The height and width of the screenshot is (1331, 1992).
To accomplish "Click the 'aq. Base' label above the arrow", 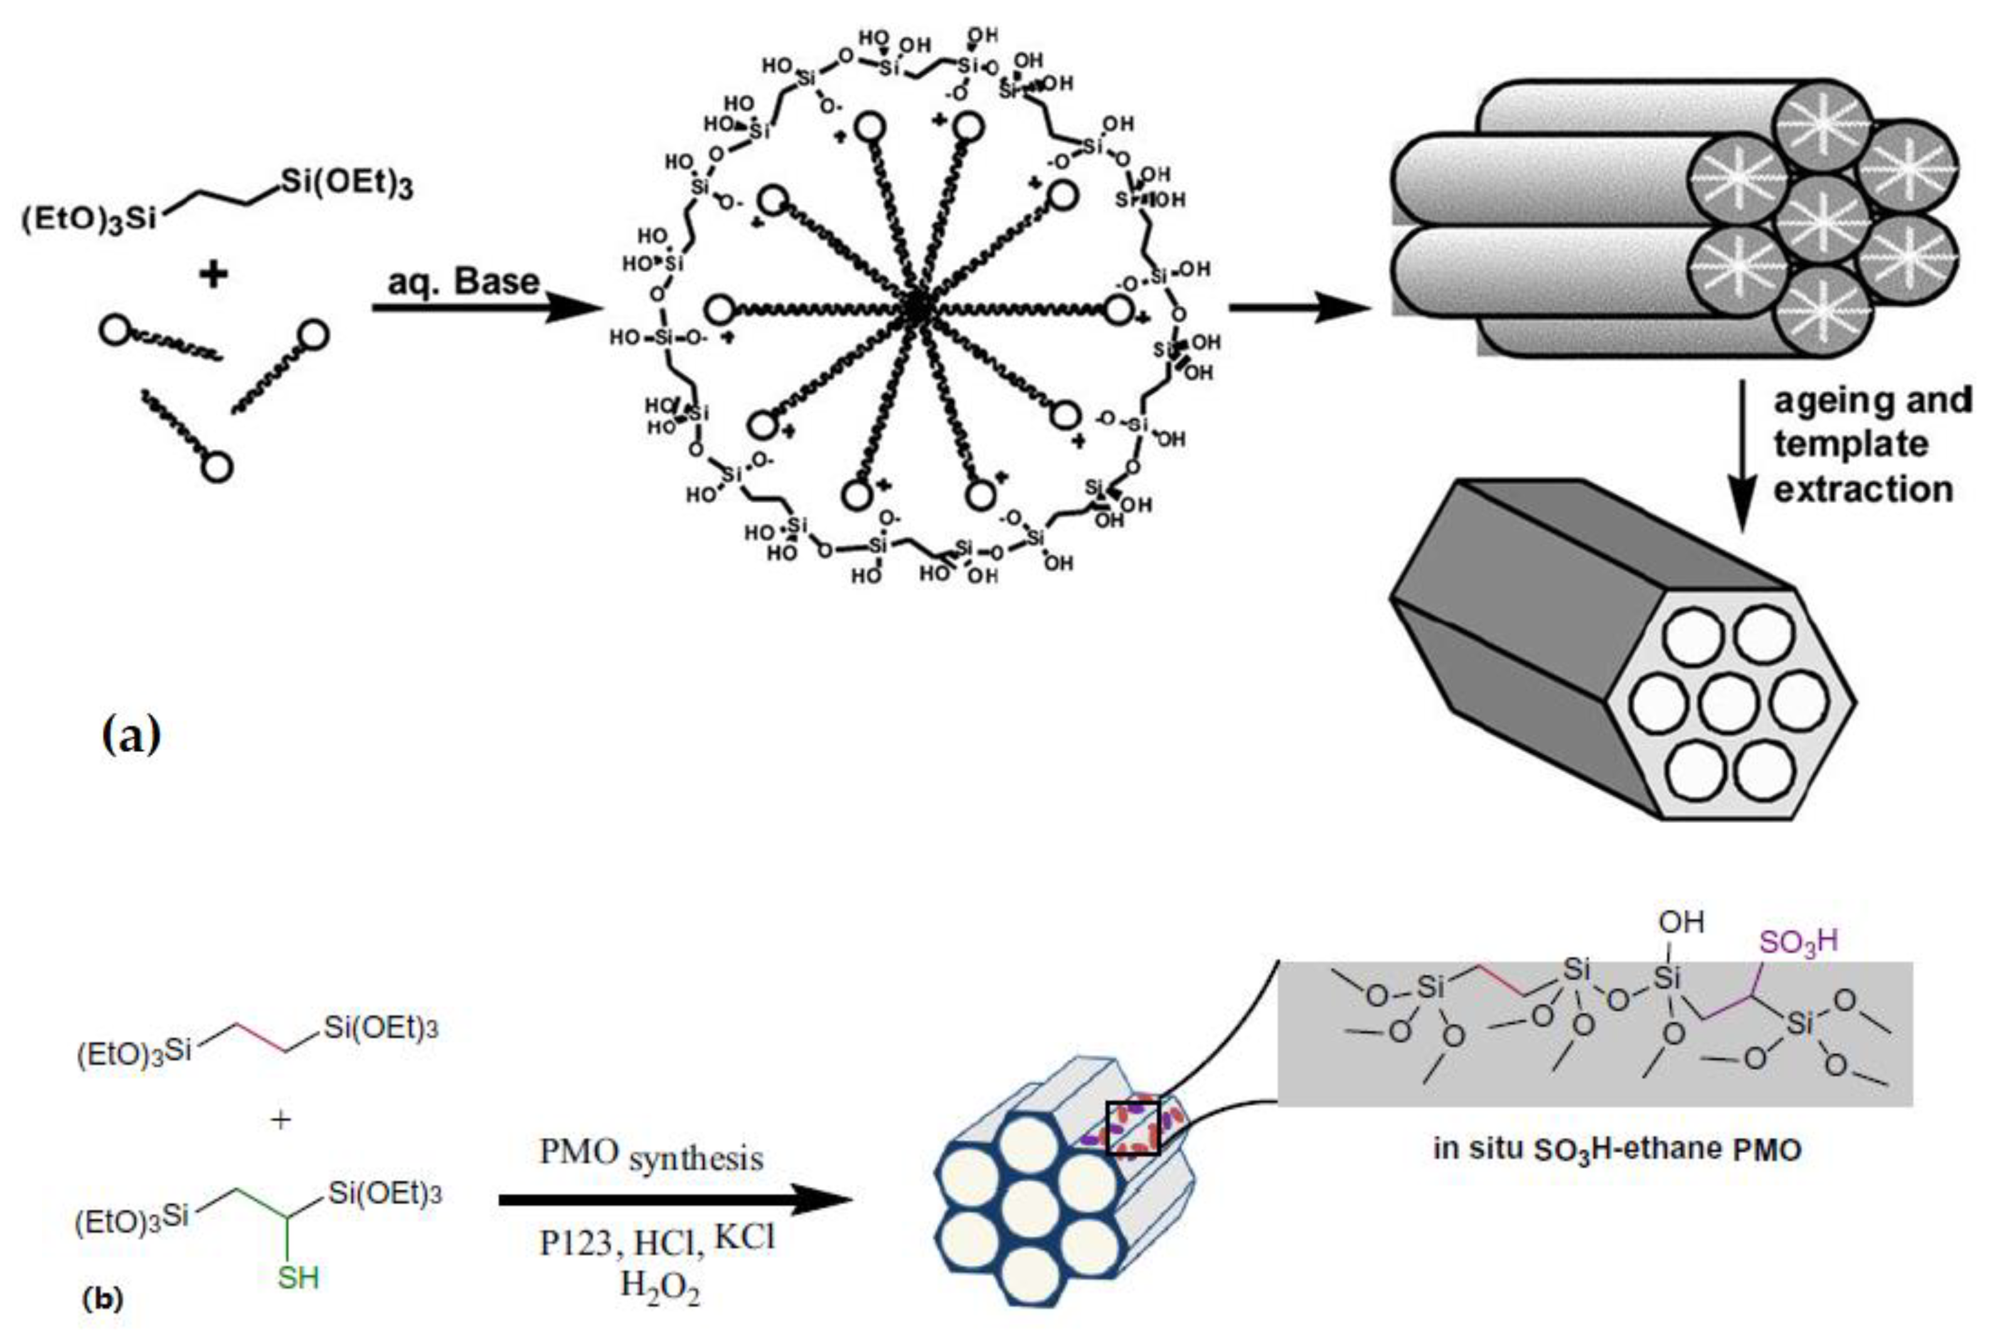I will pos(464,281).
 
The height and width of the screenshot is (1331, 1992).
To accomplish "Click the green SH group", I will pos(298,1278).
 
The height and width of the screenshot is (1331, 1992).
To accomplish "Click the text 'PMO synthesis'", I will pos(651,1156).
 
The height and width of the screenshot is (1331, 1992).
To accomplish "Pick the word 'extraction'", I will pos(1863,490).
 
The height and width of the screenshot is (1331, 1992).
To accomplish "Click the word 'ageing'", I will pos(1833,400).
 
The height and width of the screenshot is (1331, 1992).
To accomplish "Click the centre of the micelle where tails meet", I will pos(915,310).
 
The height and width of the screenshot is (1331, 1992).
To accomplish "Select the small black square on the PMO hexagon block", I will pos(1132,1127).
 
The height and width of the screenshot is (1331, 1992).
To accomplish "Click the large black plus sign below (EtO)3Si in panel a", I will pos(213,274).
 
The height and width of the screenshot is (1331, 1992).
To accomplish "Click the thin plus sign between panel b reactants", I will pos(280,1120).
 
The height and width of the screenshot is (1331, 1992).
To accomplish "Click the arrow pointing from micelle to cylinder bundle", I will pos(1299,307).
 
